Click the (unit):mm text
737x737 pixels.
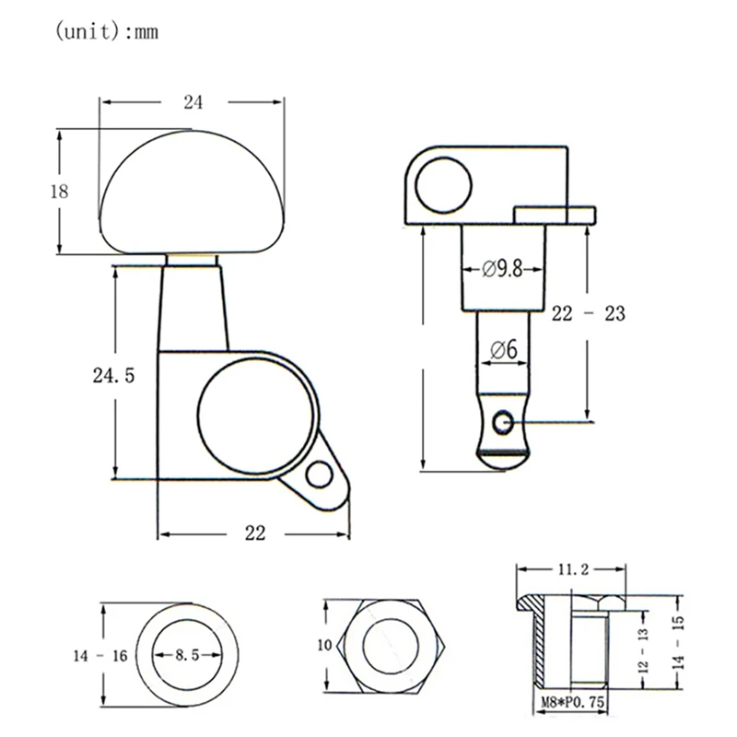click(107, 32)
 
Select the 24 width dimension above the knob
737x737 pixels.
click(193, 102)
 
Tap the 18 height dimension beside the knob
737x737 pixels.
click(59, 192)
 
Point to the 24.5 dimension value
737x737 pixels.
click(113, 376)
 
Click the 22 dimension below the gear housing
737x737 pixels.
click(255, 533)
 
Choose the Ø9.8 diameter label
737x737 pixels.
click(502, 269)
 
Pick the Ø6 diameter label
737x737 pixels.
click(503, 350)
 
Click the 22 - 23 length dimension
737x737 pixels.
click(589, 313)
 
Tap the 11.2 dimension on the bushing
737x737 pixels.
click(573, 569)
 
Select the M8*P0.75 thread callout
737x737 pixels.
click(573, 703)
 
